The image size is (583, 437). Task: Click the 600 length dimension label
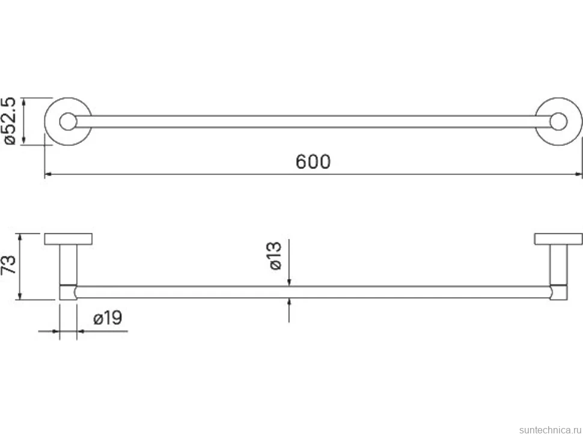tap(313, 162)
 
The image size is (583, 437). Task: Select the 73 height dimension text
tap(8, 264)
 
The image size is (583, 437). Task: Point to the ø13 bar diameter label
tap(275, 256)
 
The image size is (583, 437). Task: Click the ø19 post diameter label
tap(108, 318)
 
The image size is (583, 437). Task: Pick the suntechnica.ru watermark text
tap(550, 430)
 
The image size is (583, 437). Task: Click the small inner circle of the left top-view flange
tap(68, 121)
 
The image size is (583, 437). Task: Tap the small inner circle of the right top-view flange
tap(558, 121)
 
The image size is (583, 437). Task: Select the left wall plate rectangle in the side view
tap(69, 239)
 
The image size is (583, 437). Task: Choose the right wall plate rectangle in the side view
tap(558, 239)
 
